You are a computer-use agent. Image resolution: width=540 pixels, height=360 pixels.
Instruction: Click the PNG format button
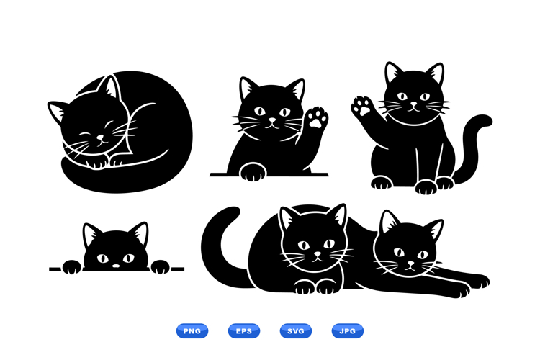(192, 330)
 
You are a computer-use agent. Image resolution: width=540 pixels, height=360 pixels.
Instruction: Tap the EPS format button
(244, 330)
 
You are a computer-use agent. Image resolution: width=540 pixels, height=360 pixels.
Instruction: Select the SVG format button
(296, 330)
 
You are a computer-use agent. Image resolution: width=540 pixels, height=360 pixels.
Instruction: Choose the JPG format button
(348, 330)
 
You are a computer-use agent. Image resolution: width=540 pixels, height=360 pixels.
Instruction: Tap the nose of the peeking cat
(116, 266)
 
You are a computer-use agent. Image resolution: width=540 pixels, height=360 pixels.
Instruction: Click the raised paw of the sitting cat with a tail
(362, 108)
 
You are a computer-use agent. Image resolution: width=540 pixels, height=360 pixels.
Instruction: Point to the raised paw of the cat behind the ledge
(315, 117)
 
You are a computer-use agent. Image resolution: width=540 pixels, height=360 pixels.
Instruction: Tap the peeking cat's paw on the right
(161, 267)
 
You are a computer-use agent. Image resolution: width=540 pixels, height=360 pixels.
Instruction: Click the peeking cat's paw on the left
(72, 267)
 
